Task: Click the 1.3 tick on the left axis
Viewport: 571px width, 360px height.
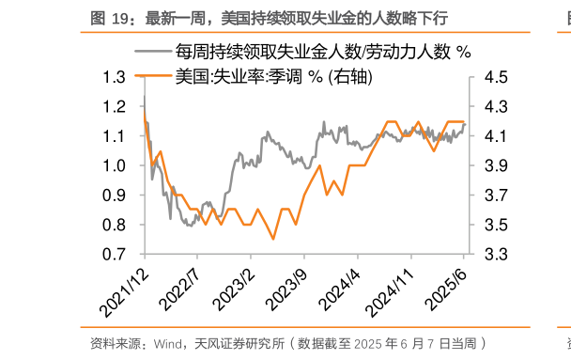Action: [115, 77]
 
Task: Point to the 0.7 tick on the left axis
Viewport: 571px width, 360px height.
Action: [115, 255]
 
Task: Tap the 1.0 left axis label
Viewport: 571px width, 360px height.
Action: [115, 165]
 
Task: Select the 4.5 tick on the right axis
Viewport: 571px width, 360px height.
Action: [497, 77]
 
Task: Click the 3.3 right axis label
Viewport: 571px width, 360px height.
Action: [497, 255]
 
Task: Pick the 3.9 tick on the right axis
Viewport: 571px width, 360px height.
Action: [497, 165]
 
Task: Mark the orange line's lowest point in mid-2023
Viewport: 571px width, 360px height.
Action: [273, 239]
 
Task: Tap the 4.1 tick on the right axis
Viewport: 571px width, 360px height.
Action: [497, 136]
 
